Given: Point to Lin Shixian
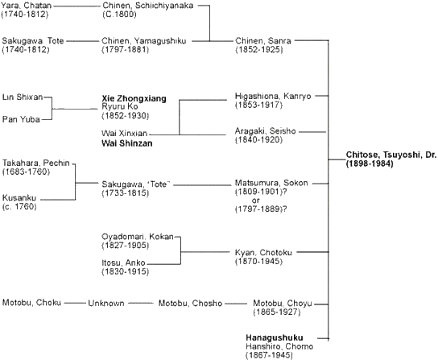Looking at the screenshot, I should (x=23, y=97).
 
